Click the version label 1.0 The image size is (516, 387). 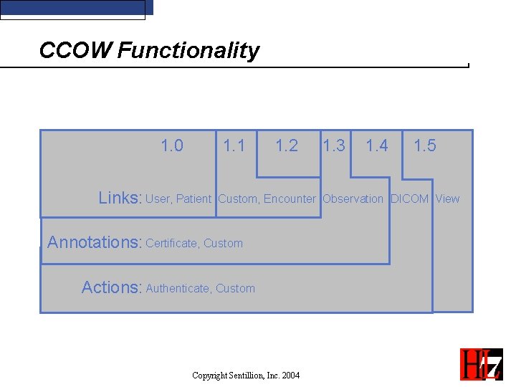[172, 146]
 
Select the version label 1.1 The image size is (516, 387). [234, 146]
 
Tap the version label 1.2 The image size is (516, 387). [287, 146]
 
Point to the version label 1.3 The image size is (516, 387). [334, 146]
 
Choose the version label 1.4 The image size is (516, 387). [377, 146]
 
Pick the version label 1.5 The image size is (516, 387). [425, 146]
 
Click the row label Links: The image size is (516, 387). [120, 199]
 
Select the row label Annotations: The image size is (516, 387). [95, 242]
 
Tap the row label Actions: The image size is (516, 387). [112, 287]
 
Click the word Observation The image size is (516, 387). [353, 199]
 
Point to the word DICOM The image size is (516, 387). [409, 199]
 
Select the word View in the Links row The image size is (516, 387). [448, 199]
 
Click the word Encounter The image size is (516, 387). [290, 199]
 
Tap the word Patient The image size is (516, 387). [193, 199]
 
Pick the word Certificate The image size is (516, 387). [171, 244]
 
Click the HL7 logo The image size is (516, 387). [481, 363]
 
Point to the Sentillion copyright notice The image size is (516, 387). [246, 376]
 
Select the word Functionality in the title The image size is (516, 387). [188, 51]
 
